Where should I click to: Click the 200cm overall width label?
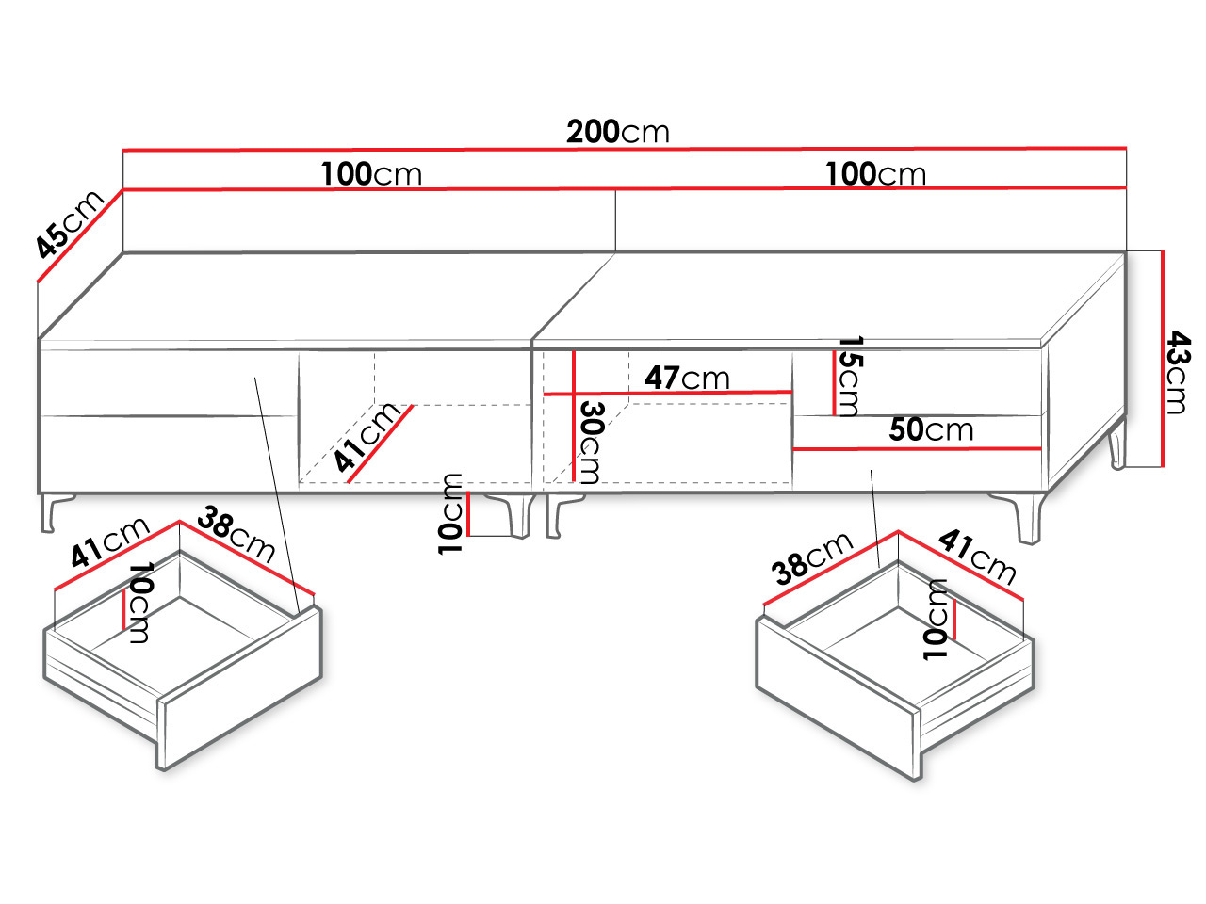pos(617,132)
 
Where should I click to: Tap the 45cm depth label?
pos(69,223)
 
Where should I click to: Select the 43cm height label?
pos(1178,372)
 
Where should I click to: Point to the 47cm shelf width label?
pos(687,378)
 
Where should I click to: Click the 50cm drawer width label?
pos(931,429)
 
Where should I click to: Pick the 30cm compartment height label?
pos(593,443)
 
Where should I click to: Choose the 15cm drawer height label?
pos(851,377)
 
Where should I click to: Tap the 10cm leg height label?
pos(450,514)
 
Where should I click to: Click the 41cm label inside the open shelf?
pos(367,437)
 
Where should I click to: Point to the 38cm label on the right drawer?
pos(812,558)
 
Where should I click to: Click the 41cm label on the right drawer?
pos(977,556)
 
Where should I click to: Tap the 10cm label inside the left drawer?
pos(140,602)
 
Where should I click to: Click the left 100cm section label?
pos(371,174)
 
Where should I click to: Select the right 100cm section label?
pos(876,174)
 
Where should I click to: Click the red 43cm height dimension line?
pos(1163,359)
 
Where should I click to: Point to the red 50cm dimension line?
pos(917,449)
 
